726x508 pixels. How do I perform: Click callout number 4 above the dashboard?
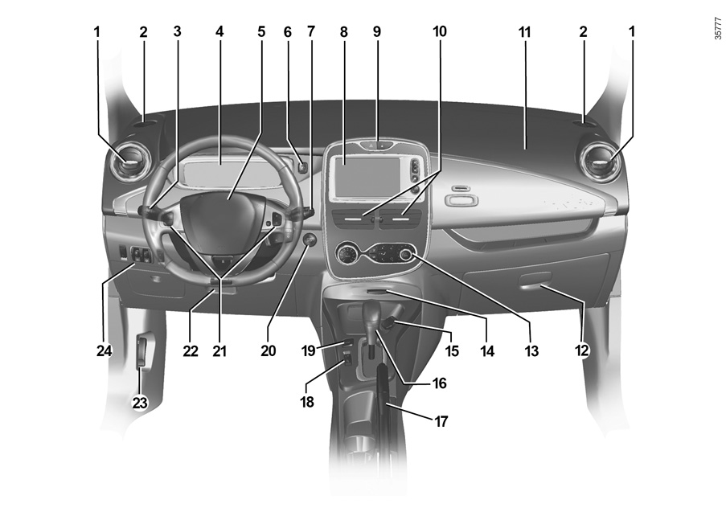point(219,31)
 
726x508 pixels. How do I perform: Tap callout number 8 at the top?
point(343,31)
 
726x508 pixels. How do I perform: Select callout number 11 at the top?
point(524,31)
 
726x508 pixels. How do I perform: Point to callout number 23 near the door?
point(140,403)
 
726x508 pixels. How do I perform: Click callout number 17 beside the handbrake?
point(441,421)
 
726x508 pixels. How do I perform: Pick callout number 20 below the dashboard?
point(268,350)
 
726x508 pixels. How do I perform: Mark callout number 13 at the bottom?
point(531,351)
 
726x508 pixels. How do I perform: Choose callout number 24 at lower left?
point(105,351)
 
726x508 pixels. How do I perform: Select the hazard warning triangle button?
point(371,145)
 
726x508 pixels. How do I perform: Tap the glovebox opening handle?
point(535,281)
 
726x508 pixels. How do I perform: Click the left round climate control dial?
point(346,254)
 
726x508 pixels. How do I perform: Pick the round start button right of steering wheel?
point(310,240)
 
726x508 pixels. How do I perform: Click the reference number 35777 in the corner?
point(718,28)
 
